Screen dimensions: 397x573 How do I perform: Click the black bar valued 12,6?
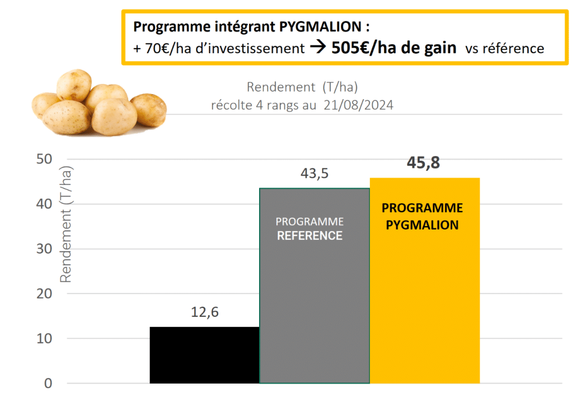click(204, 354)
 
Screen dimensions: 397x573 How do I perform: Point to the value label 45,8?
click(424, 163)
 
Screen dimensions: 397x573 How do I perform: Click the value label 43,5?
click(314, 174)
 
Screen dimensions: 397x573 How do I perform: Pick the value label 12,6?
click(204, 312)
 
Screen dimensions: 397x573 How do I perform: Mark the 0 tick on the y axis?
click(48, 384)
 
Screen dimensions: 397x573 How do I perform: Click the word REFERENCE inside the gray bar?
click(309, 236)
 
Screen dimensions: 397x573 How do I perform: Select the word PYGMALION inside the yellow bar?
click(422, 225)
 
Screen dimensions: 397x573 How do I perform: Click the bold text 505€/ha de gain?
click(393, 48)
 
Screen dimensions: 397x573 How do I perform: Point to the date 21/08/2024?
click(358, 105)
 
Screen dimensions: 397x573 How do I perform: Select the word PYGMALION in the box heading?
click(323, 26)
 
